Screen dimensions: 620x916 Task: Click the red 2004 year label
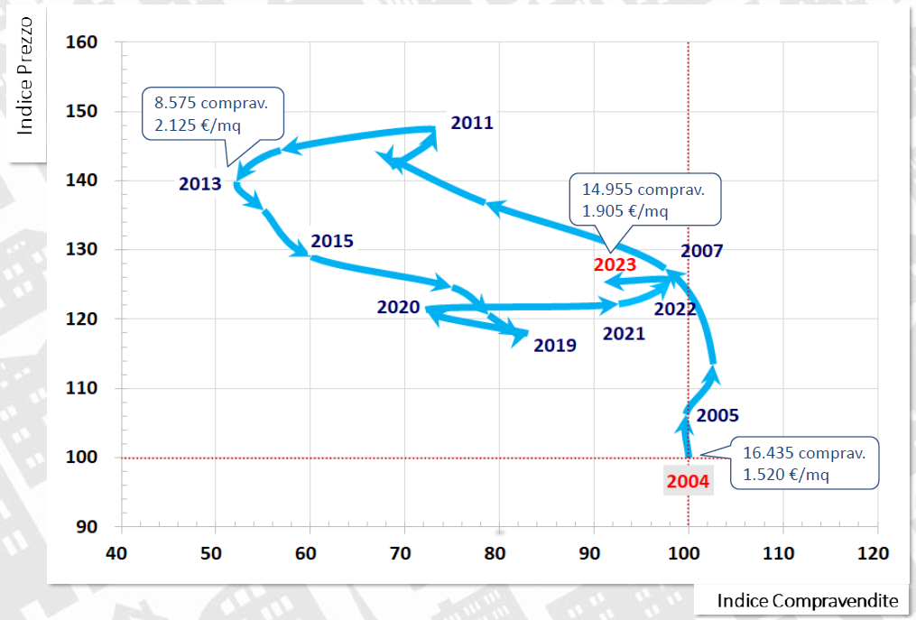point(689,481)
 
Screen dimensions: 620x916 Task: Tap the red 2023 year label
point(615,265)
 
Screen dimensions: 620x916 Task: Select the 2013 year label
point(199,184)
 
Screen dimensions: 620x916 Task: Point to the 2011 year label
point(472,123)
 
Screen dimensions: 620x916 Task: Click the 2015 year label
point(332,242)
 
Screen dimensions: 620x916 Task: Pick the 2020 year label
point(398,307)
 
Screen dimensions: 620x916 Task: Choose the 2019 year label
point(555,345)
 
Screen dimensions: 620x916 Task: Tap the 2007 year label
point(702,251)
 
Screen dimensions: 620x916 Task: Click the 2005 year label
point(717,416)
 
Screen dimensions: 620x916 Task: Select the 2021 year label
point(624,334)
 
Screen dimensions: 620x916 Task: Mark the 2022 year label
point(675,310)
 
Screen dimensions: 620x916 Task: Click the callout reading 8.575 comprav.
point(212,114)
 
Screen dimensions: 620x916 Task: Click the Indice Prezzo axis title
point(25,87)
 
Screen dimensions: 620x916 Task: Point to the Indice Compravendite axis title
point(807,600)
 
